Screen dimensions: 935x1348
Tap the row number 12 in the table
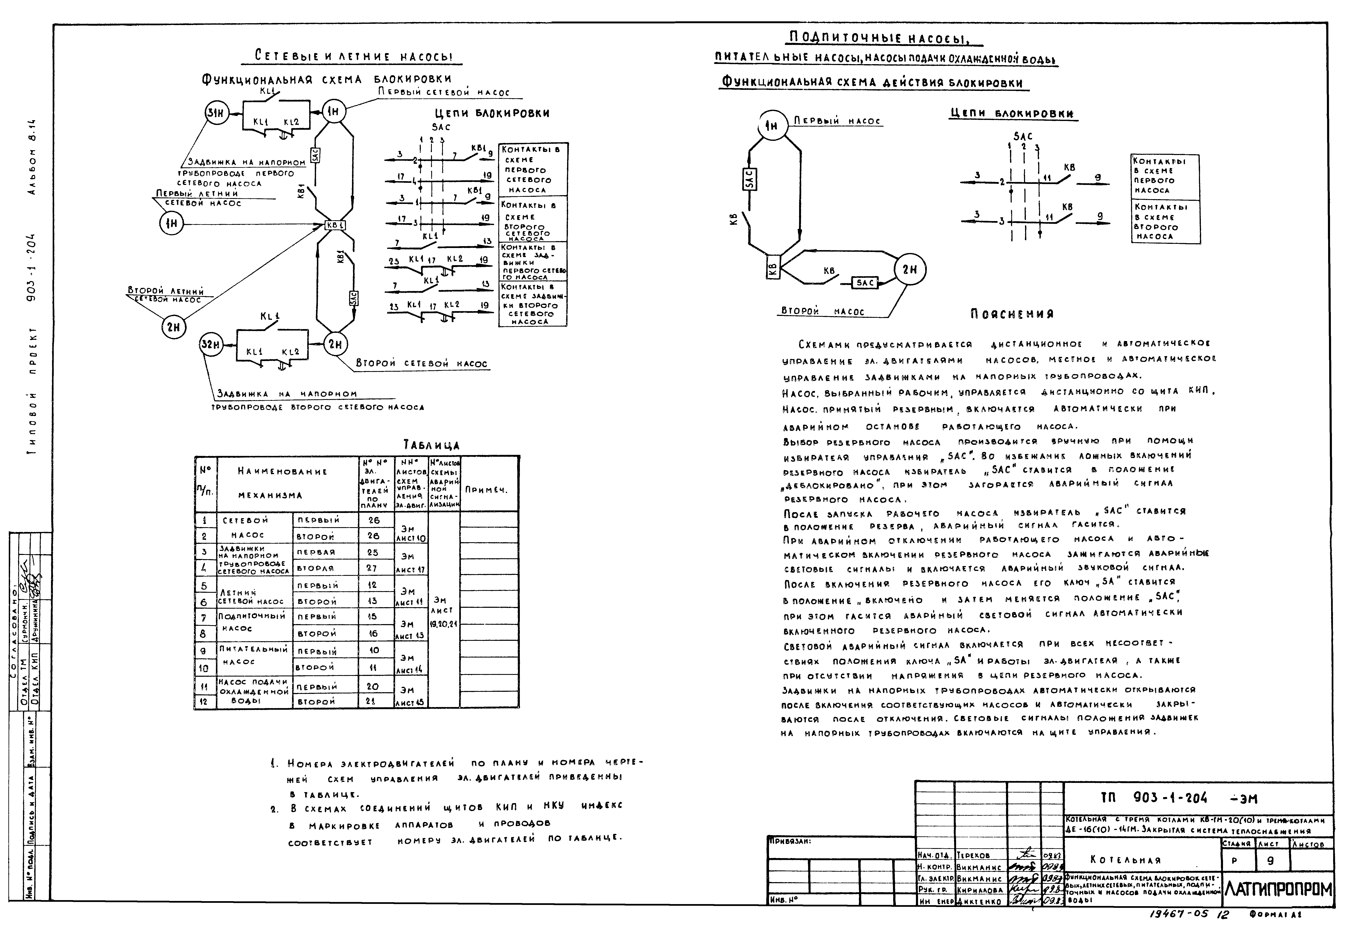(205, 701)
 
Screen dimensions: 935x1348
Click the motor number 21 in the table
(373, 701)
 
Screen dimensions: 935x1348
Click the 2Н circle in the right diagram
(910, 270)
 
